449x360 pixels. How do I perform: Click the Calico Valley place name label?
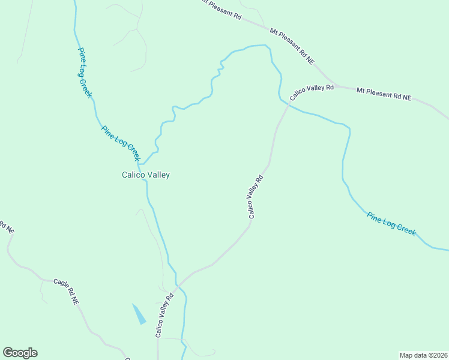pos(146,175)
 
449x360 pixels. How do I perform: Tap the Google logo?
pos(20,353)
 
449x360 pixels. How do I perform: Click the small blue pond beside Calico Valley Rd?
pos(139,314)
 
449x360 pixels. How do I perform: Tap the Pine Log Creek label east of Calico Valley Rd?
pos(391,223)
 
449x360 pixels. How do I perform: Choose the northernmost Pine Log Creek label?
pos(84,73)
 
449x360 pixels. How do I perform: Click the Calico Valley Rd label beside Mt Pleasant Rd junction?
pos(311,92)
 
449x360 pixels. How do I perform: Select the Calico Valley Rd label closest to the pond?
pos(164,315)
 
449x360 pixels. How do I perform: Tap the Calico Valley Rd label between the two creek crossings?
pos(255,196)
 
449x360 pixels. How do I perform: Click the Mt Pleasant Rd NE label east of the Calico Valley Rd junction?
pos(384,94)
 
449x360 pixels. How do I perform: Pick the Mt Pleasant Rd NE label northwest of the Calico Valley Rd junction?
pos(292,45)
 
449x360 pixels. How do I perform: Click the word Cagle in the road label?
pos(60,285)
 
